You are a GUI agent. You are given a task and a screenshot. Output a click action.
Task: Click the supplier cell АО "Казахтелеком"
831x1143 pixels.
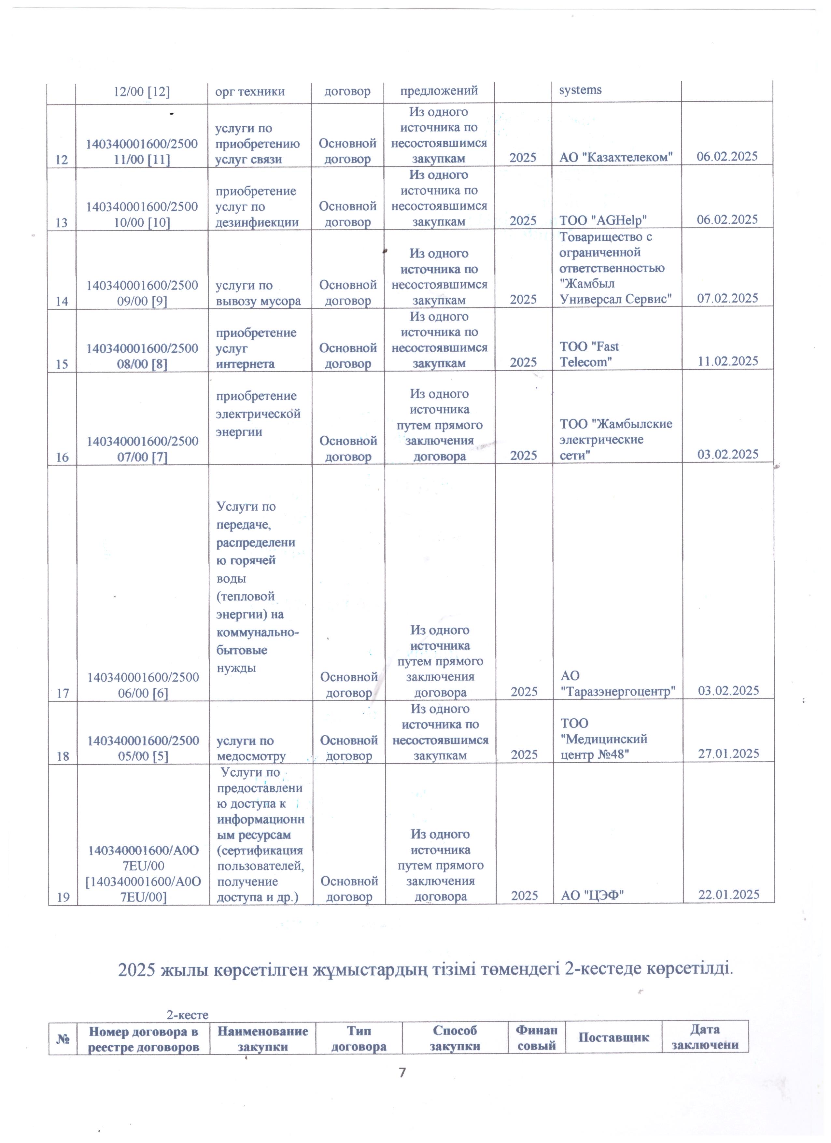616,157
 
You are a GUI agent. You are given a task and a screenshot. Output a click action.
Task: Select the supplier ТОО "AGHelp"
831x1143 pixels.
603,220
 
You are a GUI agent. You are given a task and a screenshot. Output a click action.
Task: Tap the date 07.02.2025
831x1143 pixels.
727,298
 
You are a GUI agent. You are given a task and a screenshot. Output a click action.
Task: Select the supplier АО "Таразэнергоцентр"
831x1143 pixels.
618,684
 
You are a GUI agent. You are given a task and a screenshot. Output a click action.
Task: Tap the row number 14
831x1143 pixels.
62,301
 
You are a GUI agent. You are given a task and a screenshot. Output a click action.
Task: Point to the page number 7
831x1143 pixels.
402,1072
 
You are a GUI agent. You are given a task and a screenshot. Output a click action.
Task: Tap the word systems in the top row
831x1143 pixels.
580,90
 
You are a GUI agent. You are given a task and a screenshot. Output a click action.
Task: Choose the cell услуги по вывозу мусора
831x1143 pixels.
258,293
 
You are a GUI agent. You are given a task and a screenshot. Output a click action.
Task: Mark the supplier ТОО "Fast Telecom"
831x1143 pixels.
589,354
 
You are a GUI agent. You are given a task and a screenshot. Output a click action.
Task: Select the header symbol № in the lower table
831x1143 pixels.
63,1039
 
